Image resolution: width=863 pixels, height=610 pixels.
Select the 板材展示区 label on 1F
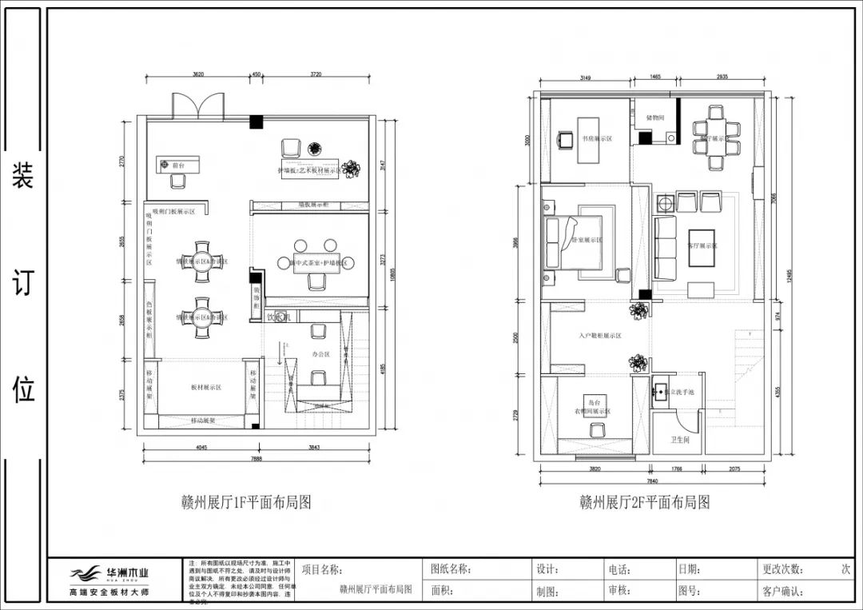click(x=205, y=387)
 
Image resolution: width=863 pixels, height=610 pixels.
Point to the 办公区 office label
click(x=321, y=353)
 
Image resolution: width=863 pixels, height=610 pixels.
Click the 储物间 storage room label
click(x=655, y=118)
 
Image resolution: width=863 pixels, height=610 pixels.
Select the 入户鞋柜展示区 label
click(x=600, y=336)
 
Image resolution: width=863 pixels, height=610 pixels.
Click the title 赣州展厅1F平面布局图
click(x=245, y=502)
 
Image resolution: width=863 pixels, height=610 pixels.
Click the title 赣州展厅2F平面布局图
click(x=644, y=502)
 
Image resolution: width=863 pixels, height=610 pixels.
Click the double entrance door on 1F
click(x=197, y=106)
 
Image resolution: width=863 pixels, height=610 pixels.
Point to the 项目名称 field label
click(x=322, y=570)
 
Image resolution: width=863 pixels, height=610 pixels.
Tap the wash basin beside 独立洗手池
click(x=660, y=392)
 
